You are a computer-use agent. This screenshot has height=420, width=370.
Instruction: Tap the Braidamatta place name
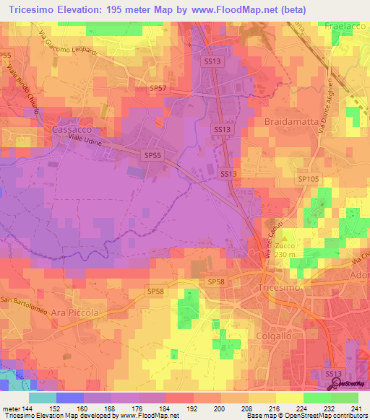click(x=291, y=121)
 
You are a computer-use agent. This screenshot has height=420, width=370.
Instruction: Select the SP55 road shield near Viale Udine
click(x=152, y=154)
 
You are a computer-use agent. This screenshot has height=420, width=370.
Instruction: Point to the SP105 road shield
click(x=306, y=178)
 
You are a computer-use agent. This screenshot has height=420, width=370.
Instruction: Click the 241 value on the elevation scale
click(x=357, y=409)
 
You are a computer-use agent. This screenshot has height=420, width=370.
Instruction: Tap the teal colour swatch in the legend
click(x=43, y=398)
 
